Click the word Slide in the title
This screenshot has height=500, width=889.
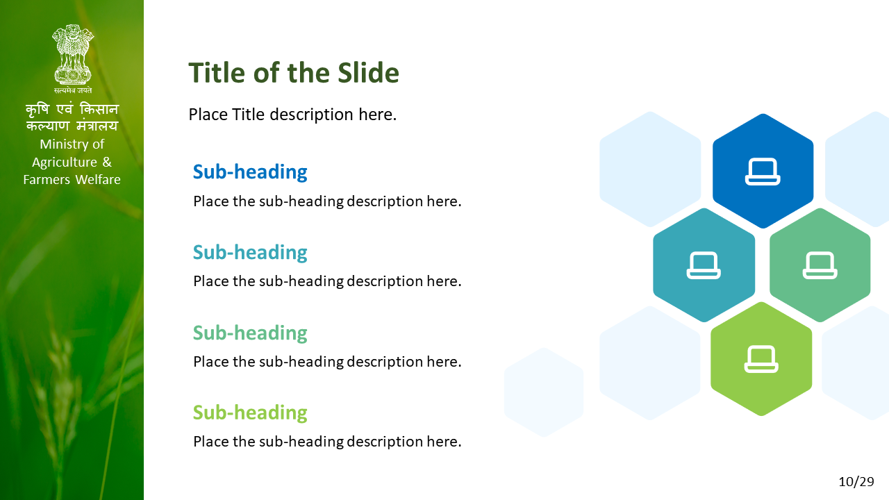pyautogui.click(x=368, y=73)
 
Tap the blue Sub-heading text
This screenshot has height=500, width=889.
pyautogui.click(x=250, y=172)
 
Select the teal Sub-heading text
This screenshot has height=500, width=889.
pyautogui.click(x=250, y=252)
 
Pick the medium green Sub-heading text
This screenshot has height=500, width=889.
pyautogui.click(x=250, y=333)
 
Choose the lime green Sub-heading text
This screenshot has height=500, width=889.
pyautogui.click(x=250, y=412)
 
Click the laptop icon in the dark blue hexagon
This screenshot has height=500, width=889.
pyautogui.click(x=763, y=172)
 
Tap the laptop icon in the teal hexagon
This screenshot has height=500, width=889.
pyautogui.click(x=704, y=265)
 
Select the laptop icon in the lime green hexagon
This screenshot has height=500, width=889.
pyautogui.click(x=761, y=359)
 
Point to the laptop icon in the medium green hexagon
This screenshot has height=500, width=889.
pyautogui.click(x=820, y=265)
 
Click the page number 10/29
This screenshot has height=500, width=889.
pyautogui.click(x=856, y=482)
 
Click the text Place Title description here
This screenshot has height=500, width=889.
pyautogui.click(x=292, y=115)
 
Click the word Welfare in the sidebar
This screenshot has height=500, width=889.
pyautogui.click(x=98, y=180)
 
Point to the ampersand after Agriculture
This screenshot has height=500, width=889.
pyautogui.click(x=107, y=162)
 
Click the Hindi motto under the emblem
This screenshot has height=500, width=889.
pyautogui.click(x=73, y=90)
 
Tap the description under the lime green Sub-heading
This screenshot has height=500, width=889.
pyautogui.click(x=327, y=442)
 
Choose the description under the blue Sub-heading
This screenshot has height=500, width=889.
pyautogui.click(x=327, y=201)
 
